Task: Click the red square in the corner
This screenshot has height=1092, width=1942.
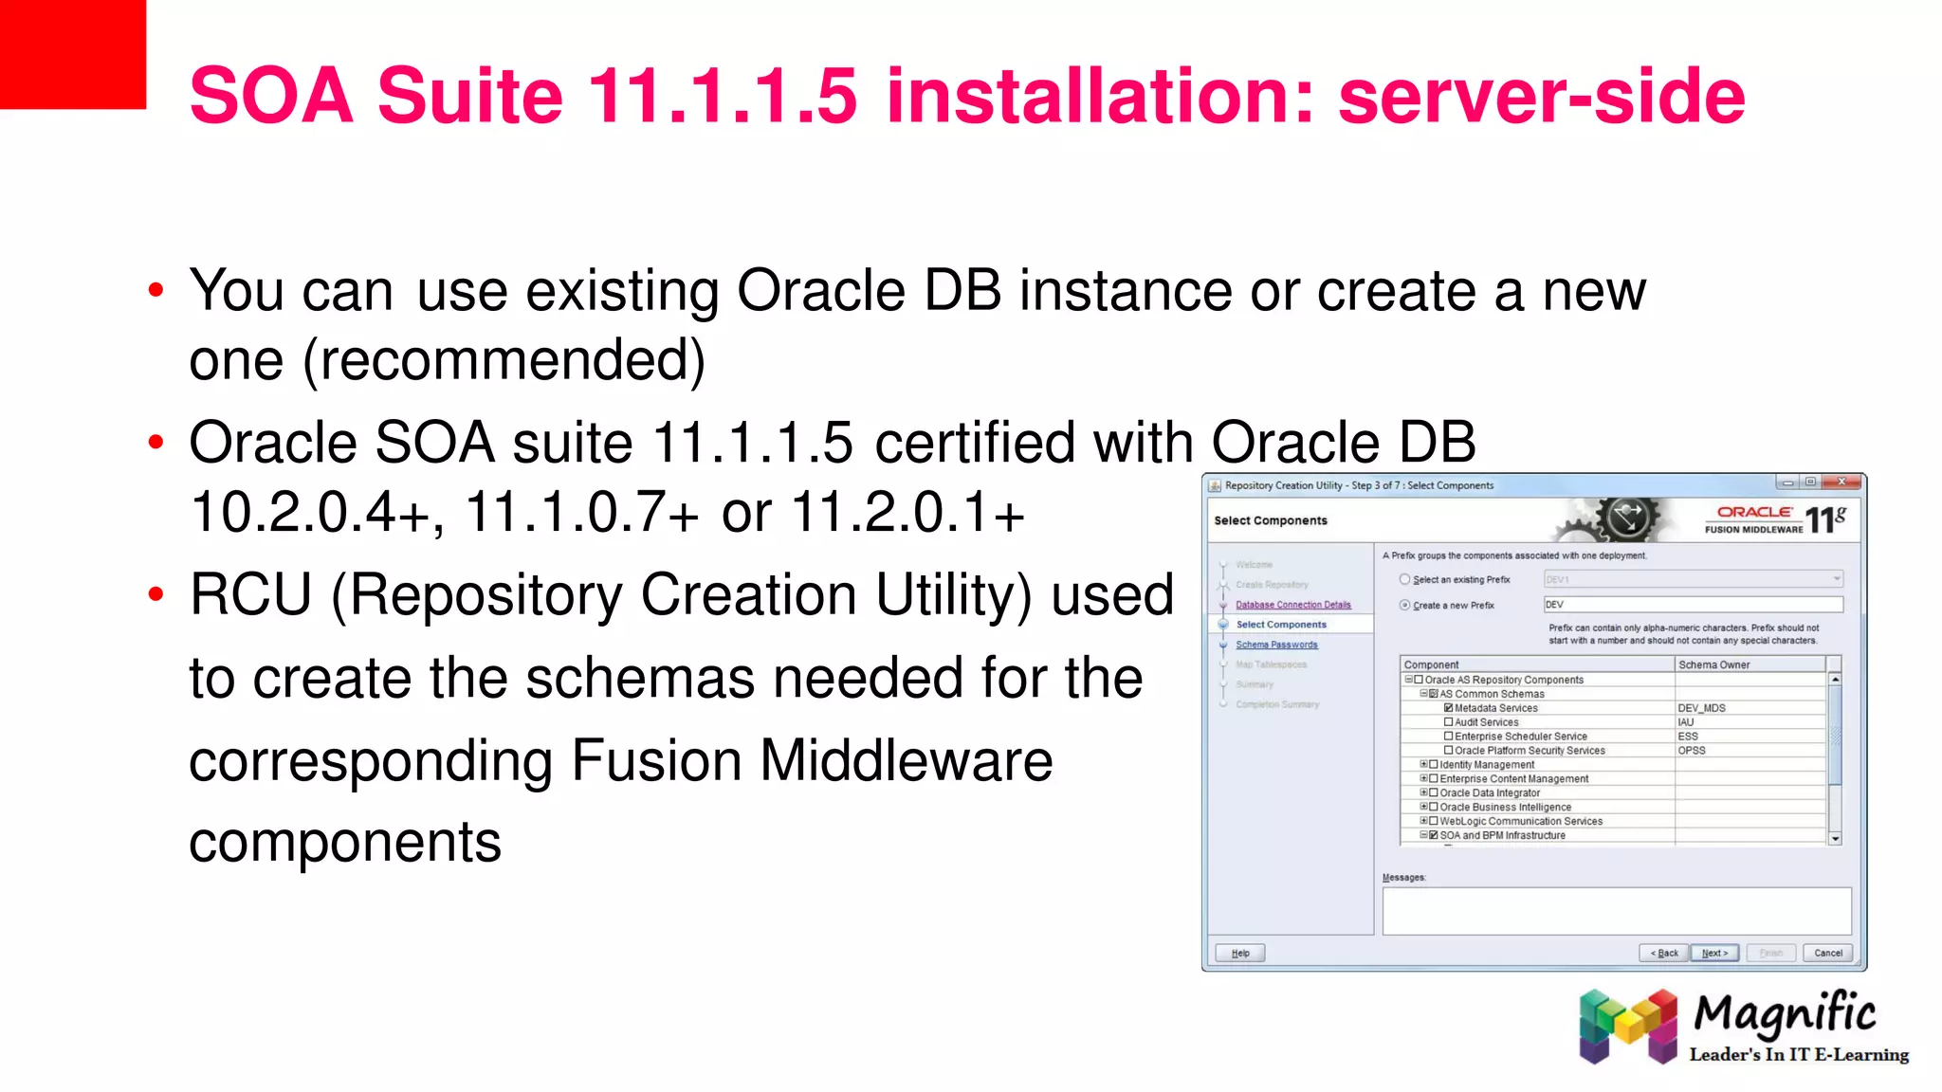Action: (x=72, y=54)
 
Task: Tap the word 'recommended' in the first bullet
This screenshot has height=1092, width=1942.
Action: (x=504, y=360)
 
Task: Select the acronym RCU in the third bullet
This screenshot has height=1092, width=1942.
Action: (x=250, y=595)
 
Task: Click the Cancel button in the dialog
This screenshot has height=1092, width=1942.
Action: (x=1827, y=953)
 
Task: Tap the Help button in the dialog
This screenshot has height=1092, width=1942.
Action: (x=1240, y=953)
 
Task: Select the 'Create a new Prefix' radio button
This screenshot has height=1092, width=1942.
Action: (x=1404, y=605)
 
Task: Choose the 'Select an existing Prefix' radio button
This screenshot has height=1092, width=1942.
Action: (x=1404, y=579)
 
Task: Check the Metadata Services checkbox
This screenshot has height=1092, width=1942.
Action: (x=1448, y=708)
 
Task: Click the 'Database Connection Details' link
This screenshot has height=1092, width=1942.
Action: (x=1292, y=605)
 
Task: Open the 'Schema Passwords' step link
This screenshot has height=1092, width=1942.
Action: (x=1276, y=645)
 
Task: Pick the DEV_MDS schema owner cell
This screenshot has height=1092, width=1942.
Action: (x=1701, y=708)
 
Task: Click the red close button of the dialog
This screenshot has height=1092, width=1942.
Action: (x=1841, y=482)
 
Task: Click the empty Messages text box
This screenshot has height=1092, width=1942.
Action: (x=1616, y=911)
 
